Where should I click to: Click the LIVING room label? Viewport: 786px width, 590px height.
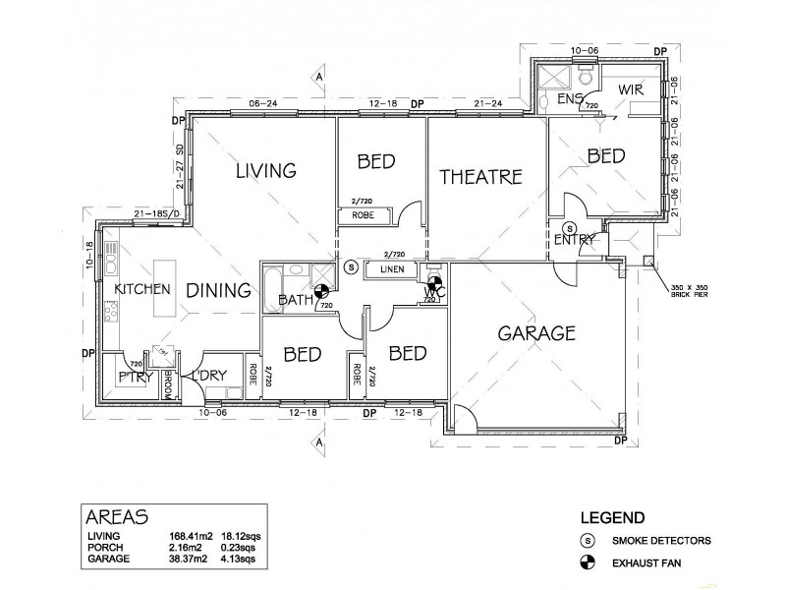[x=265, y=171]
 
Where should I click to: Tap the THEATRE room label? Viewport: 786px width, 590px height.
[x=479, y=177]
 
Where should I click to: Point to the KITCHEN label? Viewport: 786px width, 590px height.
[x=143, y=290]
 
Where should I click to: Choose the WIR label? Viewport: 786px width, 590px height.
[x=630, y=89]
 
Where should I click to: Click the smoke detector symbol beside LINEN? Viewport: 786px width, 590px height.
[x=351, y=266]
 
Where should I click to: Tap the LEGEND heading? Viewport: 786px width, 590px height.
[x=612, y=517]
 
